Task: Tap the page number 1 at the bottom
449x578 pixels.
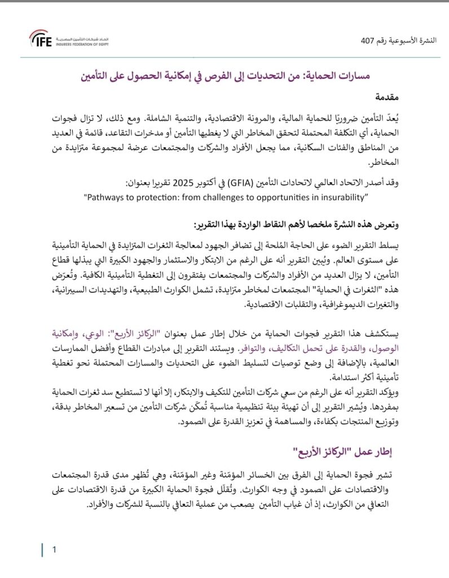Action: [54, 549]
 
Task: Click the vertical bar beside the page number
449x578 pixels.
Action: [43, 550]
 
